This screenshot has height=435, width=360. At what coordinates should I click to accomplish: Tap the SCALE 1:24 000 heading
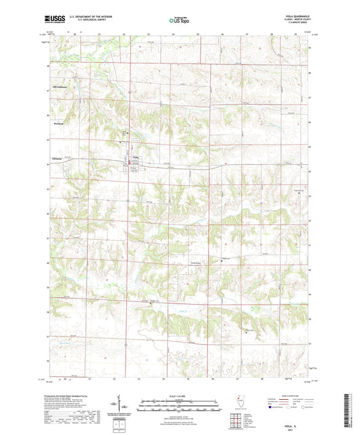click(x=180, y=395)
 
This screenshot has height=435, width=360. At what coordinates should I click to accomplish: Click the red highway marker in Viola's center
click(x=131, y=162)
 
